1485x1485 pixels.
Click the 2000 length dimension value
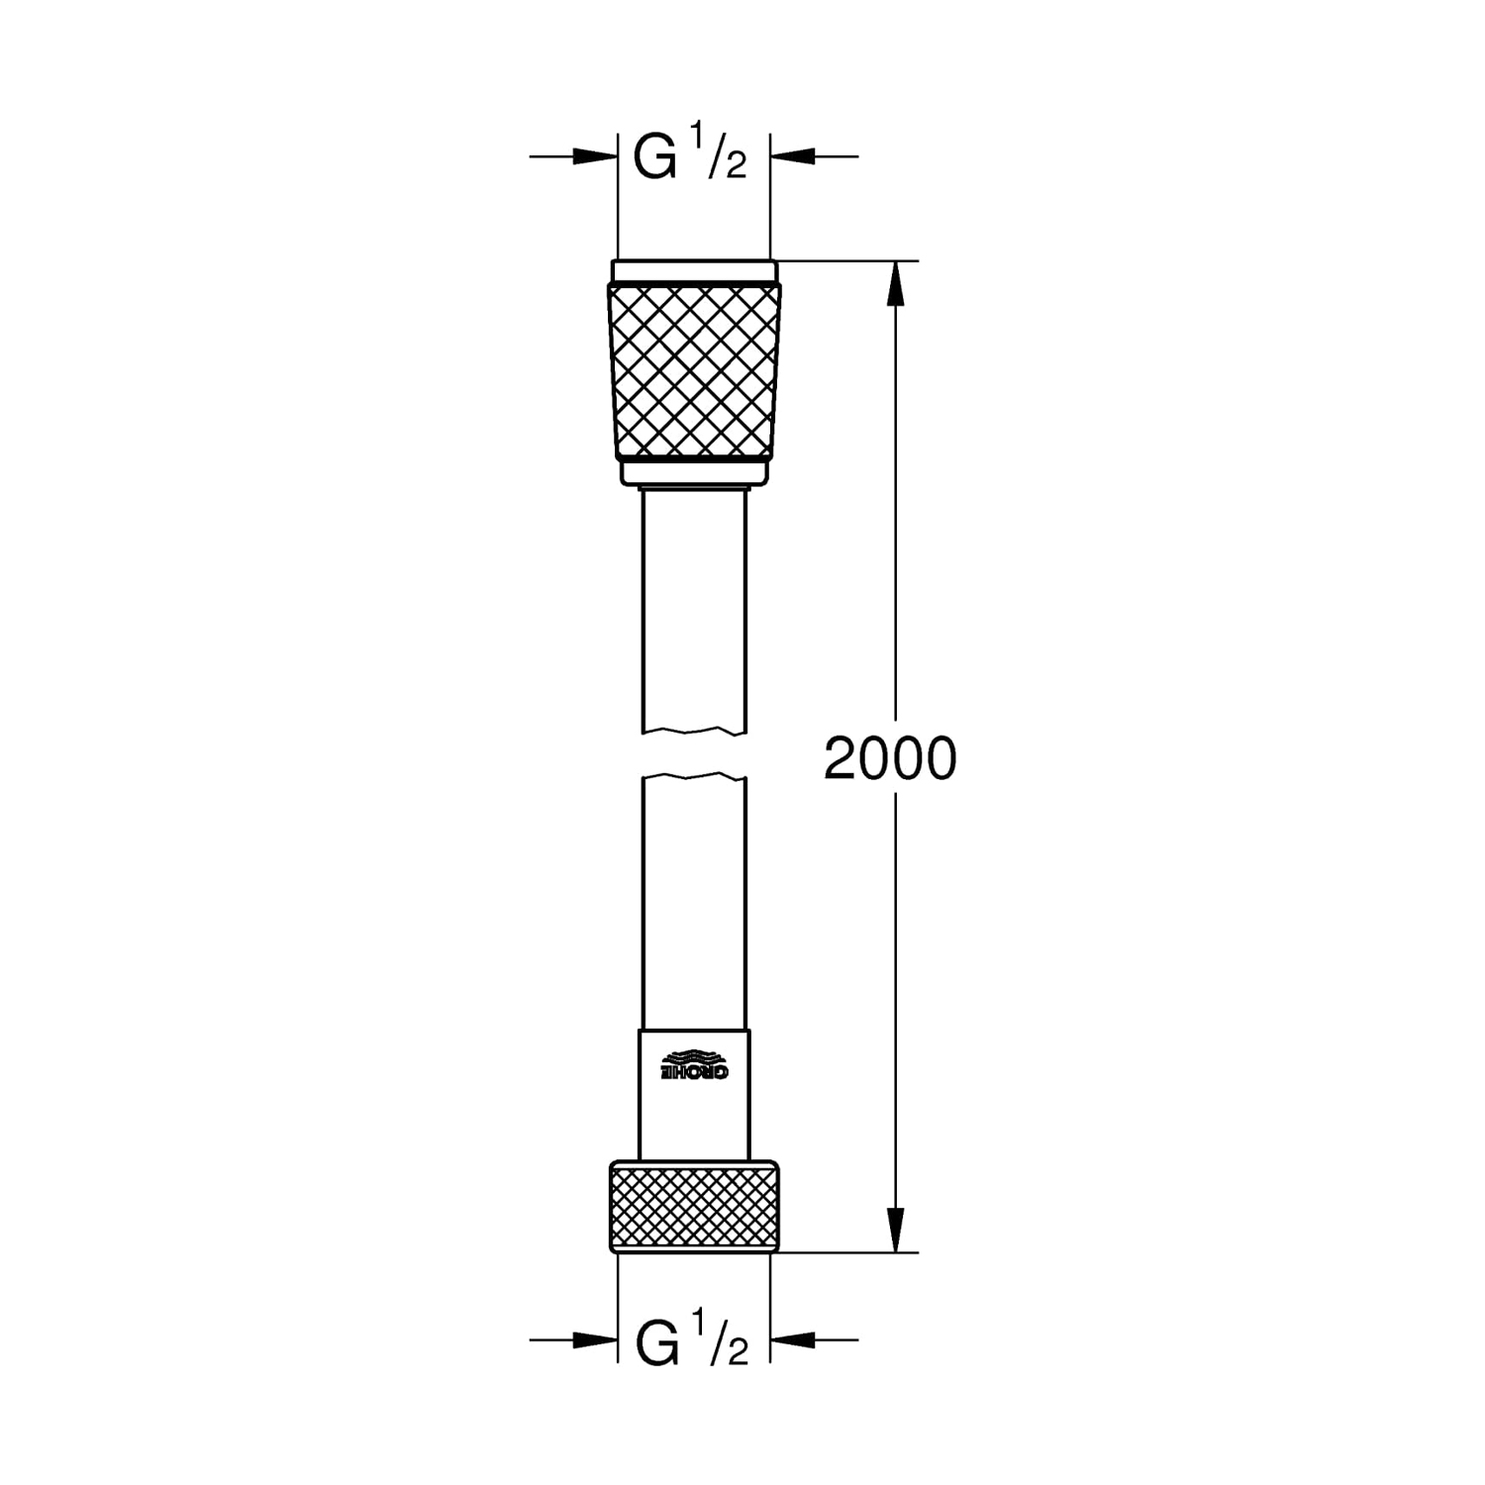pyautogui.click(x=890, y=759)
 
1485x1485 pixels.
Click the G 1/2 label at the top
pyautogui.click(x=690, y=155)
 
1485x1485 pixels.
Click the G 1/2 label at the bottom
pyautogui.click(x=690, y=1341)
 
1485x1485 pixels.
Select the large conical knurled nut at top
pyautogui.click(x=694, y=371)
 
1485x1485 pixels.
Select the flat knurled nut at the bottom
pyautogui.click(x=694, y=1206)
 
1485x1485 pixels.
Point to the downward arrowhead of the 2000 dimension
pyautogui.click(x=896, y=1230)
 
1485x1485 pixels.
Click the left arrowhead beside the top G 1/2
pyautogui.click(x=594, y=155)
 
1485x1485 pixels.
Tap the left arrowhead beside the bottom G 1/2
pyautogui.click(x=594, y=1340)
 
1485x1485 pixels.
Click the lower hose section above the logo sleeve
pyautogui.click(x=694, y=901)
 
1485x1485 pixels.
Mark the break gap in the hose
pyautogui.click(x=694, y=754)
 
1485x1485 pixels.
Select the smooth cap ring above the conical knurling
pyautogui.click(x=694, y=271)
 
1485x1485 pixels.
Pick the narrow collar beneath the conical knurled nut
pyautogui.click(x=694, y=474)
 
